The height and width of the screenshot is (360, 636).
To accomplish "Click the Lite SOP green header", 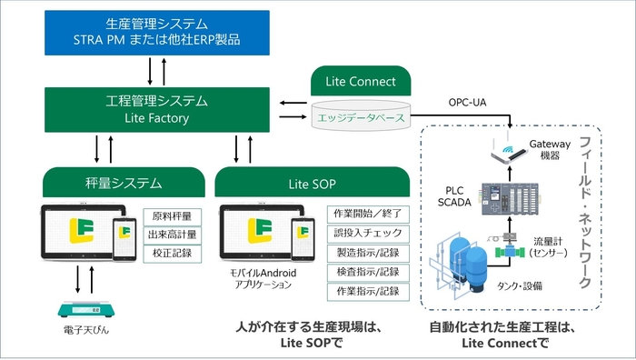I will point(312,184).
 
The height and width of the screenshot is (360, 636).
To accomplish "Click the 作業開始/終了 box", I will point(368,214).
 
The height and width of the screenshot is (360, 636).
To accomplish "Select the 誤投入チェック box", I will point(368,233).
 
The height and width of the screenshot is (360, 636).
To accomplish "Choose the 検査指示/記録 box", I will point(368,272).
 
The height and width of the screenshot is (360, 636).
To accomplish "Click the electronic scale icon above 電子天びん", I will point(84,310).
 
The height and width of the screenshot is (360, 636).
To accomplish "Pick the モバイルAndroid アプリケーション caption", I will point(260,278).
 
